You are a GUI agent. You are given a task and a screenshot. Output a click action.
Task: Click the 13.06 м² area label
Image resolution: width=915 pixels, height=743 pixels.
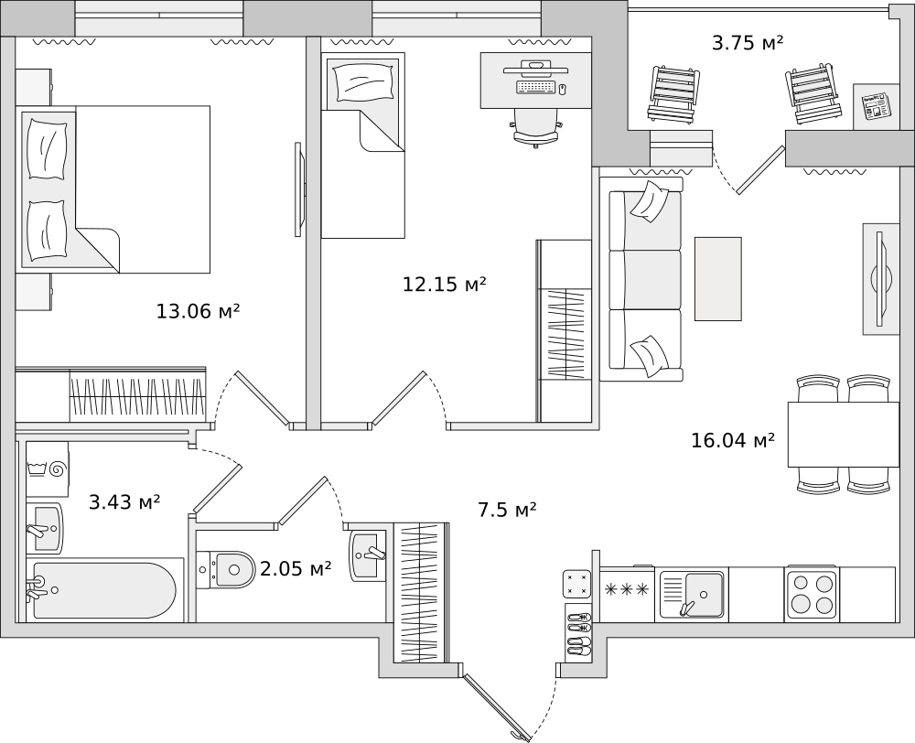(198, 311)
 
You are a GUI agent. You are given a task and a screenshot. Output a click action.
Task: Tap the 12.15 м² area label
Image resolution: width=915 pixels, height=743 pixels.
(445, 285)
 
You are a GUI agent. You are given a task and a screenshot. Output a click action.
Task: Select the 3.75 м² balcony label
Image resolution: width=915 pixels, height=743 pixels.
(748, 43)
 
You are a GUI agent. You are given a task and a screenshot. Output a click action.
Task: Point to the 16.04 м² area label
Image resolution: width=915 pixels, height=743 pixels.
(733, 439)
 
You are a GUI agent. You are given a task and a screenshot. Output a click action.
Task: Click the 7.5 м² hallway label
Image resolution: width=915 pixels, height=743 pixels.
(507, 510)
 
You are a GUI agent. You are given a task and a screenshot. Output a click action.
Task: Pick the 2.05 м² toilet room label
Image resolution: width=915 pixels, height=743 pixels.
(296, 568)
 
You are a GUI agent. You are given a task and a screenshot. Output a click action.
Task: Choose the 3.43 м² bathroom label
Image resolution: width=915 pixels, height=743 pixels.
(124, 501)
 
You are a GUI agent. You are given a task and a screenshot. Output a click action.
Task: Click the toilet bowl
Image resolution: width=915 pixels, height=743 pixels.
(226, 570)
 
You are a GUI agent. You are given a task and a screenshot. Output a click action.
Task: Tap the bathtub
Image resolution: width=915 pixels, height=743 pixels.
(104, 590)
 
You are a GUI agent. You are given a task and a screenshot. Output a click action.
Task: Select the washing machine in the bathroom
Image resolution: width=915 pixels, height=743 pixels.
(48, 469)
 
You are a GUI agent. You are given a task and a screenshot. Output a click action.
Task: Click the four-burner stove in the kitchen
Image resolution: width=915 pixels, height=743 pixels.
(811, 592)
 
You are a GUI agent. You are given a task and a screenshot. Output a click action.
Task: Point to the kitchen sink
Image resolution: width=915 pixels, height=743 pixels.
(692, 594)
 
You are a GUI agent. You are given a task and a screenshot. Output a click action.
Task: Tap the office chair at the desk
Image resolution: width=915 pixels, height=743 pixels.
(536, 128)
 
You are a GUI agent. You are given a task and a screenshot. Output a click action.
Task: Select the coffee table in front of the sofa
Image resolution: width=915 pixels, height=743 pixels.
(717, 279)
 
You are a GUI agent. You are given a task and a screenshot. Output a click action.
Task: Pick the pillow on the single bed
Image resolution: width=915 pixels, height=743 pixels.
(362, 81)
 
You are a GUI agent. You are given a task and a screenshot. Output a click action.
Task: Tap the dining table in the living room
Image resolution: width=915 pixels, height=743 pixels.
(844, 435)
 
